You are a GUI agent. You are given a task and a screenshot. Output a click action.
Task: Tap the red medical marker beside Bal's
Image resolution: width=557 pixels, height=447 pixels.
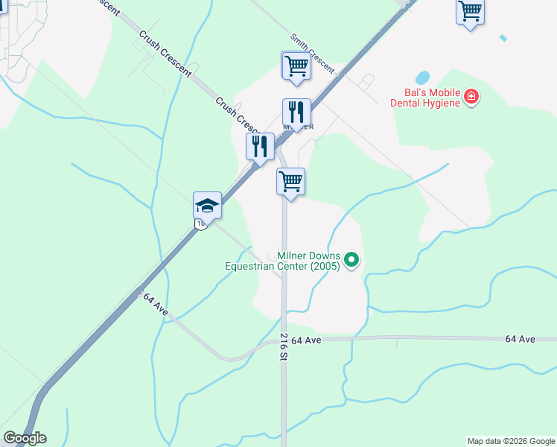coord(471,97)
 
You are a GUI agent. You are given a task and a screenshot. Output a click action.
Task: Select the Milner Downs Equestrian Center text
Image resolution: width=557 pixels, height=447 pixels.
coord(283,260)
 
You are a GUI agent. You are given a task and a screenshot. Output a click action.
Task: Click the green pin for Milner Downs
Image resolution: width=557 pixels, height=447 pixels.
coord(353,260)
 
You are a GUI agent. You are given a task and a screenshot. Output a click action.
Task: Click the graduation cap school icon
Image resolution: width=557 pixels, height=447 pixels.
coord(208,205)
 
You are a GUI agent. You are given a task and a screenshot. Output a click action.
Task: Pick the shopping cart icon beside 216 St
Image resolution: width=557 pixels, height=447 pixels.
coord(290,181)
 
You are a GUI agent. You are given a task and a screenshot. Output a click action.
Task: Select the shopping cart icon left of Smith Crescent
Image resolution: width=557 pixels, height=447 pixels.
coord(296,65)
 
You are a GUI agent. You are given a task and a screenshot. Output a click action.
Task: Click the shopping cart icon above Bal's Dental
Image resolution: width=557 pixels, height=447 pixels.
coord(470,11)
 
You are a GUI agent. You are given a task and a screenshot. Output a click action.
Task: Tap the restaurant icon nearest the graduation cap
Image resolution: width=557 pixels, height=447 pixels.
coord(260,145)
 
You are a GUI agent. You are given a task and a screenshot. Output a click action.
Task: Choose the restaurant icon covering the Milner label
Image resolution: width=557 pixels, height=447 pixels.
coord(296,112)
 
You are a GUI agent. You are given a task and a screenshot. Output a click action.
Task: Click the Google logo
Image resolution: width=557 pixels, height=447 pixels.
coord(25,438)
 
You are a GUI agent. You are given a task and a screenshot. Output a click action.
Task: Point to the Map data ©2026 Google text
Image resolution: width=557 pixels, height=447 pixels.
coord(511,441)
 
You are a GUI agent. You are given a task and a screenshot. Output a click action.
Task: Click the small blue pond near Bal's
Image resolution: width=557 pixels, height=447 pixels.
coord(422,77)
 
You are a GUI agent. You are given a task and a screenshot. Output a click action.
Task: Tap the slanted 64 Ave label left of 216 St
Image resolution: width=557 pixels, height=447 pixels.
coord(156,304)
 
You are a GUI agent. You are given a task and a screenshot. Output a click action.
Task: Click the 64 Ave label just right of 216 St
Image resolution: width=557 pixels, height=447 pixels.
coord(306,340)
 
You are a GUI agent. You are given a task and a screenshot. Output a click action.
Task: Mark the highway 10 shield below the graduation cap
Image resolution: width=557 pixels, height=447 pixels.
coord(201,223)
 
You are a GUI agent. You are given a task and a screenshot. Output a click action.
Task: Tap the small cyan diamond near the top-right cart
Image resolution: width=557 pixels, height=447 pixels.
coord(504,38)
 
